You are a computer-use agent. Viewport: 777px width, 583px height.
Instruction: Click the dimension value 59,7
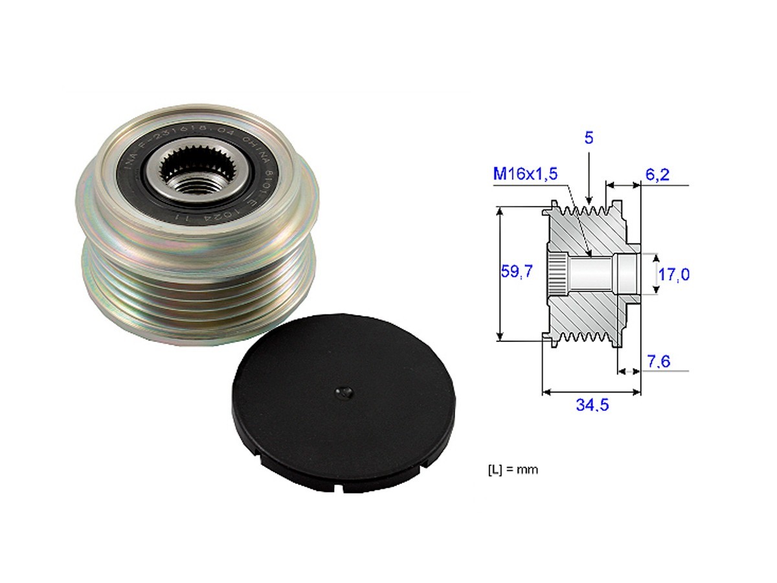(x=516, y=272)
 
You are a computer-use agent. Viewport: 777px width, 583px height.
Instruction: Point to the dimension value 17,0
(x=673, y=274)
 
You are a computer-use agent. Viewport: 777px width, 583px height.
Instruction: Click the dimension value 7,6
(x=659, y=361)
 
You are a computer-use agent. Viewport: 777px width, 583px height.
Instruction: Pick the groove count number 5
(x=589, y=138)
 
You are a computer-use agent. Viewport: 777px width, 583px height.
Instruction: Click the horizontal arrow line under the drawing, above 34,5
(x=591, y=392)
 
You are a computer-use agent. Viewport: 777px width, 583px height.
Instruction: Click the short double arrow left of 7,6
(x=625, y=371)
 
